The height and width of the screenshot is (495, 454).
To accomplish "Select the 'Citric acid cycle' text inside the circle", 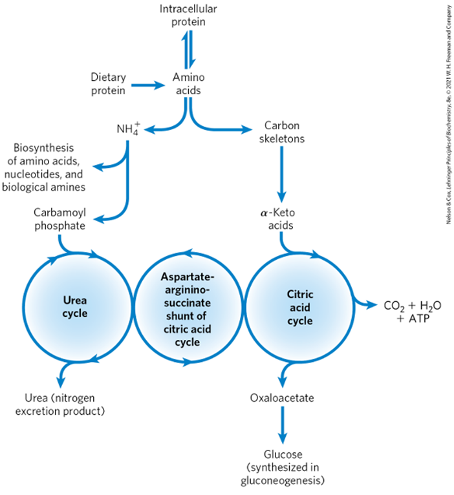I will click(x=299, y=307).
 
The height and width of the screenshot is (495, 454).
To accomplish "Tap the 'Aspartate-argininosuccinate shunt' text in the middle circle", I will click(x=188, y=308).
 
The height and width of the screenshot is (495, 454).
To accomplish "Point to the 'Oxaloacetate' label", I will click(x=282, y=398).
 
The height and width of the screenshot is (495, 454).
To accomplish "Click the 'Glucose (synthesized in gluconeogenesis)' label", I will click(x=282, y=467).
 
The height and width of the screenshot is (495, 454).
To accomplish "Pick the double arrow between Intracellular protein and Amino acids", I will click(x=188, y=48).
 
